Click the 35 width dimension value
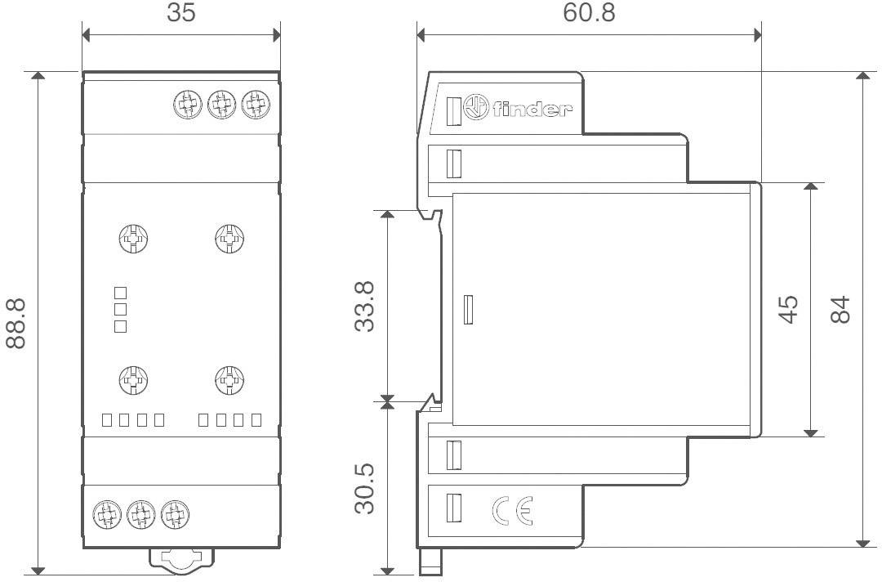tap(181, 14)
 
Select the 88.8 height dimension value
tap(16, 322)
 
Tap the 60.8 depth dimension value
tap(589, 13)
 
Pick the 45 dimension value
tap(787, 309)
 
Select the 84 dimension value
tap(840, 309)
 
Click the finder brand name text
tap(529, 109)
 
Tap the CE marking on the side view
tap(512, 511)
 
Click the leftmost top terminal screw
tap(189, 105)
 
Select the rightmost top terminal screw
tap(256, 105)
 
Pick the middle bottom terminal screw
tap(140, 514)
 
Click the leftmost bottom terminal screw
tap(106, 514)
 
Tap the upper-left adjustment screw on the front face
tap(133, 239)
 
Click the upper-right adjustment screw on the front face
tap(229, 239)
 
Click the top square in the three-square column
tap(120, 292)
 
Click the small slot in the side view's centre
tap(468, 310)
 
